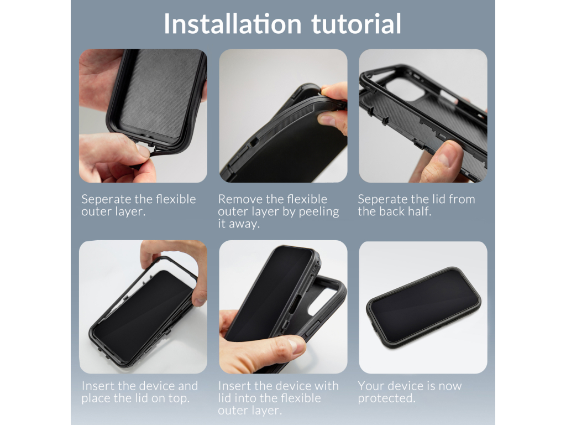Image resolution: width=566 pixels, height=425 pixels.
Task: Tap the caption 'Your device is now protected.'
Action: (409, 392)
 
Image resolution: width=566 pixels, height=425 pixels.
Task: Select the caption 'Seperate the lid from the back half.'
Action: (416, 205)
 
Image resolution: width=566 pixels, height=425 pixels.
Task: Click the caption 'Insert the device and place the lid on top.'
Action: (139, 392)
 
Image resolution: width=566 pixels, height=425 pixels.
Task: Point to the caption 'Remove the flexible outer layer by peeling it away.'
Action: (278, 211)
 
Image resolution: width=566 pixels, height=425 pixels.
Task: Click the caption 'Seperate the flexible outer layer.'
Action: (138, 205)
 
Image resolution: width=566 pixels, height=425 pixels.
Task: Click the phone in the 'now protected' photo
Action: (423, 308)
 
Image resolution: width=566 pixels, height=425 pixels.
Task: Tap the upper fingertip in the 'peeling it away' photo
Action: (335, 91)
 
